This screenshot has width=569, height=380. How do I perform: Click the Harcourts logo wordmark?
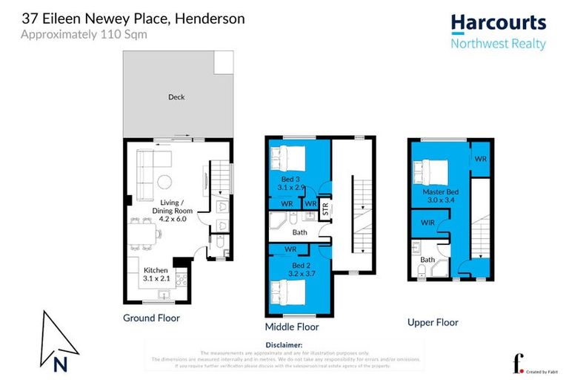pyautogui.click(x=498, y=23)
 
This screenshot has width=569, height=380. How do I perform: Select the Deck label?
pyautogui.click(x=176, y=97)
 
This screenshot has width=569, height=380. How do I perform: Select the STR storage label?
pyautogui.click(x=324, y=211)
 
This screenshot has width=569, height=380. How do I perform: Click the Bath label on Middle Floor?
pyautogui.click(x=299, y=232)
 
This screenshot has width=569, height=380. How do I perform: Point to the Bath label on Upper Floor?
pyautogui.click(x=427, y=260)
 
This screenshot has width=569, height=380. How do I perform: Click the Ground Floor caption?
pyautogui.click(x=151, y=318)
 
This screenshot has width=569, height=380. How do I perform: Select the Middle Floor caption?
pyautogui.click(x=292, y=326)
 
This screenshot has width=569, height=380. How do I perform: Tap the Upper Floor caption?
pyautogui.click(x=433, y=322)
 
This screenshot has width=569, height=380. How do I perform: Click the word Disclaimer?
pyautogui.click(x=284, y=345)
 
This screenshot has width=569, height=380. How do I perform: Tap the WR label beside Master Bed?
pyautogui.click(x=480, y=160)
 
